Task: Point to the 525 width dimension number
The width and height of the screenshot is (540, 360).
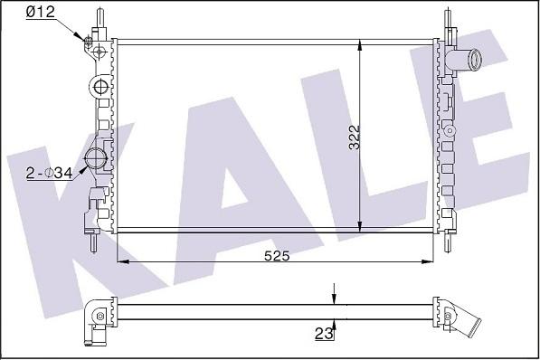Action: tap(277, 257)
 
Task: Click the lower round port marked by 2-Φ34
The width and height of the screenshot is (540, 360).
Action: tap(94, 161)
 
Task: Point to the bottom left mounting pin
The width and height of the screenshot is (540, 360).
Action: tap(95, 244)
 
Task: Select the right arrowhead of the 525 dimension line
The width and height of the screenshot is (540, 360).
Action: tap(429, 261)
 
